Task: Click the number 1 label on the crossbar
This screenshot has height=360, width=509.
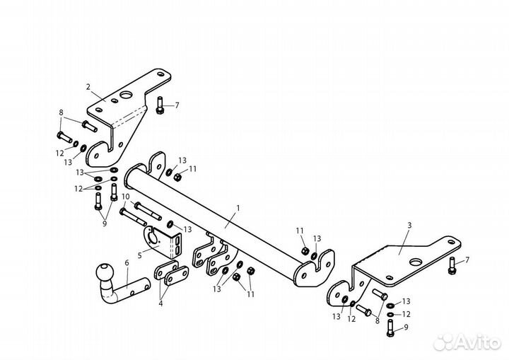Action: (x=238, y=208)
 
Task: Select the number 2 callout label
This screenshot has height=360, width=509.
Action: (x=88, y=87)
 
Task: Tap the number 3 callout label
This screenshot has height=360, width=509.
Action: (x=409, y=225)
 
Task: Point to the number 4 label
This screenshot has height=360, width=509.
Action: (x=160, y=304)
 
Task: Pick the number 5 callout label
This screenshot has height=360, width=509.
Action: (x=139, y=255)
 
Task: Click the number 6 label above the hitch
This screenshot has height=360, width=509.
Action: (x=127, y=262)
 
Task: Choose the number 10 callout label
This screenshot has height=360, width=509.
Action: (x=125, y=197)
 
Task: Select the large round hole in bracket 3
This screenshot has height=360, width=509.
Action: (x=415, y=262)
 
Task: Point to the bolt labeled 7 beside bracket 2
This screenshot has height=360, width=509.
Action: (x=159, y=105)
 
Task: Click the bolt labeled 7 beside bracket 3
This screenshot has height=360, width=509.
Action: (x=451, y=265)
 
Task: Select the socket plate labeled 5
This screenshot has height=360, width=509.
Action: (x=163, y=242)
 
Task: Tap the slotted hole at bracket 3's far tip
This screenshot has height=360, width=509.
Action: (x=451, y=242)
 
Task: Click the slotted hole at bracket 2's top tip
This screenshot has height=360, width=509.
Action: (x=160, y=74)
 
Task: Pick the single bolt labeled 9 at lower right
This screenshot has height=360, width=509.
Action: (x=390, y=328)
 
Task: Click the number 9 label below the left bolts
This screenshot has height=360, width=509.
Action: (x=105, y=223)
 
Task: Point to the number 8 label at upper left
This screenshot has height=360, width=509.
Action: (x=61, y=112)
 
